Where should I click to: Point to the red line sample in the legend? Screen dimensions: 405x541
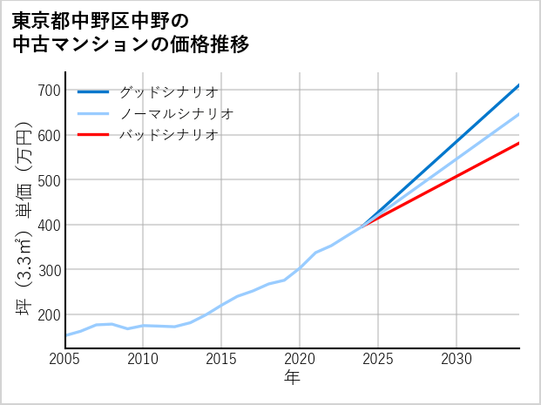[x=93, y=135]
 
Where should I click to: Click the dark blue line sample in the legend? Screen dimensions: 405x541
[x=93, y=91]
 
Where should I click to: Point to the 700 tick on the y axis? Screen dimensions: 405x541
[x=50, y=91]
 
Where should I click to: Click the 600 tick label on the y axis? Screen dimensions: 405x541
[x=50, y=135]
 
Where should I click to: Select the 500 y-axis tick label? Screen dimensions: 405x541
[x=50, y=180]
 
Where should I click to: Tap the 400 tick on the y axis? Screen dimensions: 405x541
[x=50, y=225]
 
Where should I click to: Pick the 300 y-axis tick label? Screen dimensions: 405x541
[x=50, y=270]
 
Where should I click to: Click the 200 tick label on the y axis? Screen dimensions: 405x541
[x=50, y=314]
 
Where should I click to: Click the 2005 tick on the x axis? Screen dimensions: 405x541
[x=65, y=359]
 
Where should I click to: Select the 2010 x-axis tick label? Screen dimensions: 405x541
[x=144, y=359]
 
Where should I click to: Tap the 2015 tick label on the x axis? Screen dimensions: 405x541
[x=222, y=359]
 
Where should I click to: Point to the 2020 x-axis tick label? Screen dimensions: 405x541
[x=300, y=359]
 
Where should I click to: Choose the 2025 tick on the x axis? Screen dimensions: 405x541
[x=378, y=359]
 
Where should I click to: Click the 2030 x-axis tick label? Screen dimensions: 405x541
[x=456, y=359]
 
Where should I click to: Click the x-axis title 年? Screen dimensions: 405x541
[x=293, y=379]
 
